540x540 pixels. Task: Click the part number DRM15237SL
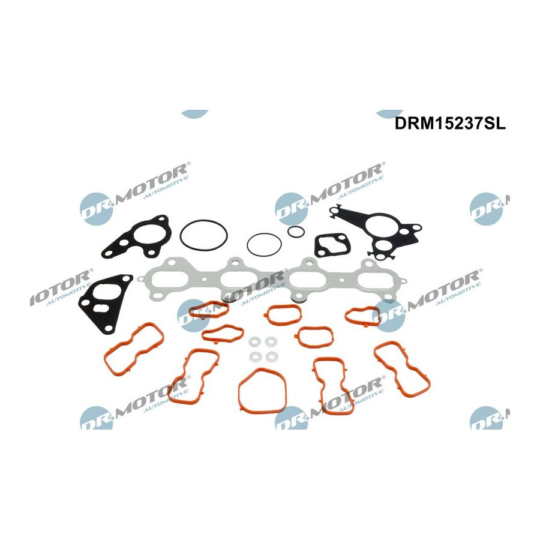(450, 123)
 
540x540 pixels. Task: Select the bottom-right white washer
(271, 357)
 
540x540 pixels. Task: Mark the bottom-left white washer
(255, 357)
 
